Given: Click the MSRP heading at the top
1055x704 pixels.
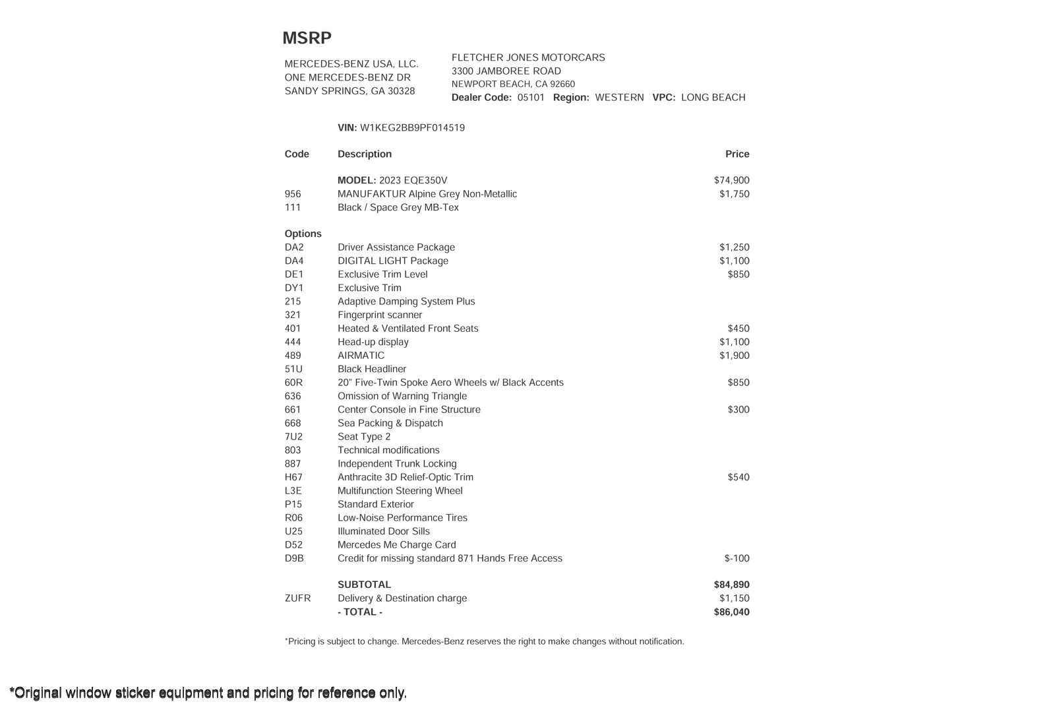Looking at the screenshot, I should point(307,38).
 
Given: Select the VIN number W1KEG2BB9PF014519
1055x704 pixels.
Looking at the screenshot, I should point(412,128).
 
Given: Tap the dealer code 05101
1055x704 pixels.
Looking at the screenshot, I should point(531,98).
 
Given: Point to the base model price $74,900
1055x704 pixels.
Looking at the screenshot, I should point(731,180).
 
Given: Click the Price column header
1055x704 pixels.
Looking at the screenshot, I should point(737,154).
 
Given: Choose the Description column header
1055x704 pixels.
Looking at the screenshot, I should point(365,154).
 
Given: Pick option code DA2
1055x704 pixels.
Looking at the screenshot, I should point(294,247).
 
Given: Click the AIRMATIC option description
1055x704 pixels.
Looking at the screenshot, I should point(361,356).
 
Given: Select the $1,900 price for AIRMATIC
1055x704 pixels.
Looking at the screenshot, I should point(734,356).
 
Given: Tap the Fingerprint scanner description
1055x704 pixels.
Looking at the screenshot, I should point(380,315).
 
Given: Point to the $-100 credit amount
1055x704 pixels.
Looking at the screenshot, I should point(737,558).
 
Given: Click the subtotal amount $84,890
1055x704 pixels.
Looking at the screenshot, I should point(731,585).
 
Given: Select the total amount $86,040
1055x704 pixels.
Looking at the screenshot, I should point(731,612).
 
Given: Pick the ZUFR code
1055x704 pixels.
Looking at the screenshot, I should point(297,598).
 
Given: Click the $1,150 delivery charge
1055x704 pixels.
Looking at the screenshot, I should point(734,598).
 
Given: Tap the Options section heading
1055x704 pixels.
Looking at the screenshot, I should point(303,234).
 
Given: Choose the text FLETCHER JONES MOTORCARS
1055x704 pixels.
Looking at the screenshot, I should point(528,57).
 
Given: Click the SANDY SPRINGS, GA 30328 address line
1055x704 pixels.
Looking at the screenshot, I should point(349,91).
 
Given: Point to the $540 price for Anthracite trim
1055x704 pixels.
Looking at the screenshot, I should point(738,477).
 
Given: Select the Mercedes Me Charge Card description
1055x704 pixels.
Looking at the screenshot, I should point(396,545).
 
